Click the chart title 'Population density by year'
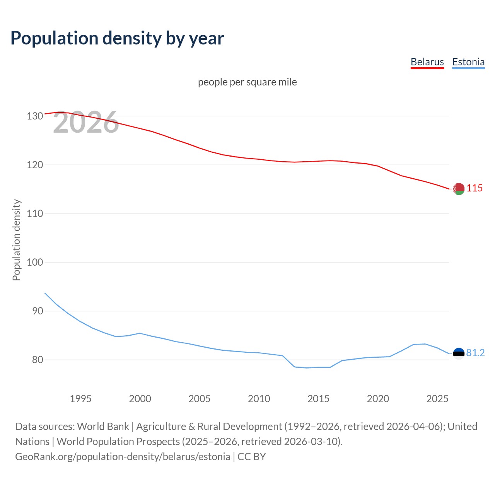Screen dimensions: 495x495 [x=117, y=38]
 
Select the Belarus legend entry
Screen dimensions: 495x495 [x=427, y=62]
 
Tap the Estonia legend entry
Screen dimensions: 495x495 [x=468, y=62]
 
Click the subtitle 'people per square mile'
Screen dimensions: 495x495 [x=247, y=82]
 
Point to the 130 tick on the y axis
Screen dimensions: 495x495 [x=35, y=116]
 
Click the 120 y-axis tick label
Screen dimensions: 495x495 [x=35, y=165]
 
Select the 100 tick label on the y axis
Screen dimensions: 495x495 [x=35, y=262]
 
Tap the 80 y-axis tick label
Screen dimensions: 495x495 [x=38, y=360]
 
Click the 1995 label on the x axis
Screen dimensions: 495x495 [x=80, y=399]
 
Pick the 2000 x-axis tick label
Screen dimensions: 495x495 [x=140, y=399]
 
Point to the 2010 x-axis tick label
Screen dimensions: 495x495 [x=259, y=399]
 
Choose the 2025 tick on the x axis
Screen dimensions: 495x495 [x=437, y=399]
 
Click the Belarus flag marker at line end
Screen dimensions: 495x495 [x=459, y=189]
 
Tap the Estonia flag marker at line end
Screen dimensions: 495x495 [x=459, y=353]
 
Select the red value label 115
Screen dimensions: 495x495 [x=475, y=188]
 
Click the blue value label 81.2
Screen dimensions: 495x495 [x=475, y=353]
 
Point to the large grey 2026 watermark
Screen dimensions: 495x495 [x=86, y=123]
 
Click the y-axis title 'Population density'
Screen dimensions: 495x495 [x=16, y=240]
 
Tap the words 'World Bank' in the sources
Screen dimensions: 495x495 [x=103, y=426]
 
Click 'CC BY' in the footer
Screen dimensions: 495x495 [x=252, y=456]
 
